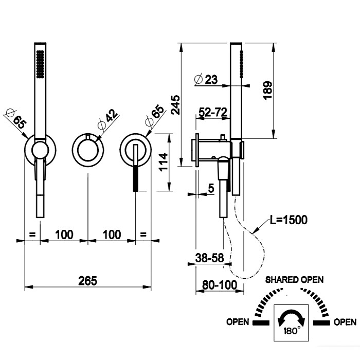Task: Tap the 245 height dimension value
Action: (x=175, y=104)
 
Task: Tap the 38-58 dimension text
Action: (x=209, y=259)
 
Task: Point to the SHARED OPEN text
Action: (x=294, y=280)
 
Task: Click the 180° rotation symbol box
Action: (x=292, y=323)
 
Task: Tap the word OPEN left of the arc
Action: (x=238, y=322)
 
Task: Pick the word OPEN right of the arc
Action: (x=345, y=322)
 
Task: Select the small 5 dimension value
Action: (x=211, y=189)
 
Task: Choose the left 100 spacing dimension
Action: (x=63, y=235)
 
